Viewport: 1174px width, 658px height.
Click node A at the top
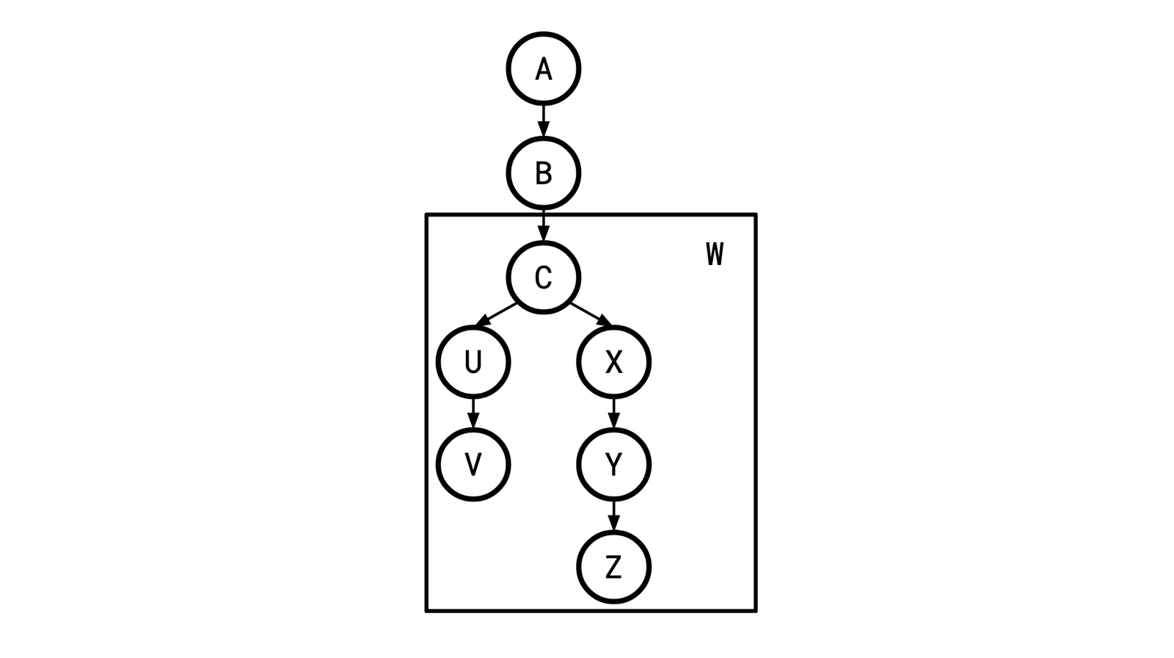543,68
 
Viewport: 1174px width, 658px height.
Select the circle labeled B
543,173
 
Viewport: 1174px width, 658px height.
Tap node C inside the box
543,277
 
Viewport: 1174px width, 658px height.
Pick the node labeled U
473,361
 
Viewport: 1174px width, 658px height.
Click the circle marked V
473,464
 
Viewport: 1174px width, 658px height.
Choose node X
613,361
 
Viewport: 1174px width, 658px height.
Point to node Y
613,464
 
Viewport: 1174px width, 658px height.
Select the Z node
613,567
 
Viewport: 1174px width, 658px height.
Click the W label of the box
715,253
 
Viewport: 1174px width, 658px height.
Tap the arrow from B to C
543,225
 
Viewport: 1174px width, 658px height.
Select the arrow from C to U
497,314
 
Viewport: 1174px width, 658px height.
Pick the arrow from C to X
590,314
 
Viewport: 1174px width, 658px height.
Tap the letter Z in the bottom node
613,567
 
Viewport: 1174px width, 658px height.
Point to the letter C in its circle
543,277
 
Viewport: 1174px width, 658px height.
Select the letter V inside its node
473,464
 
